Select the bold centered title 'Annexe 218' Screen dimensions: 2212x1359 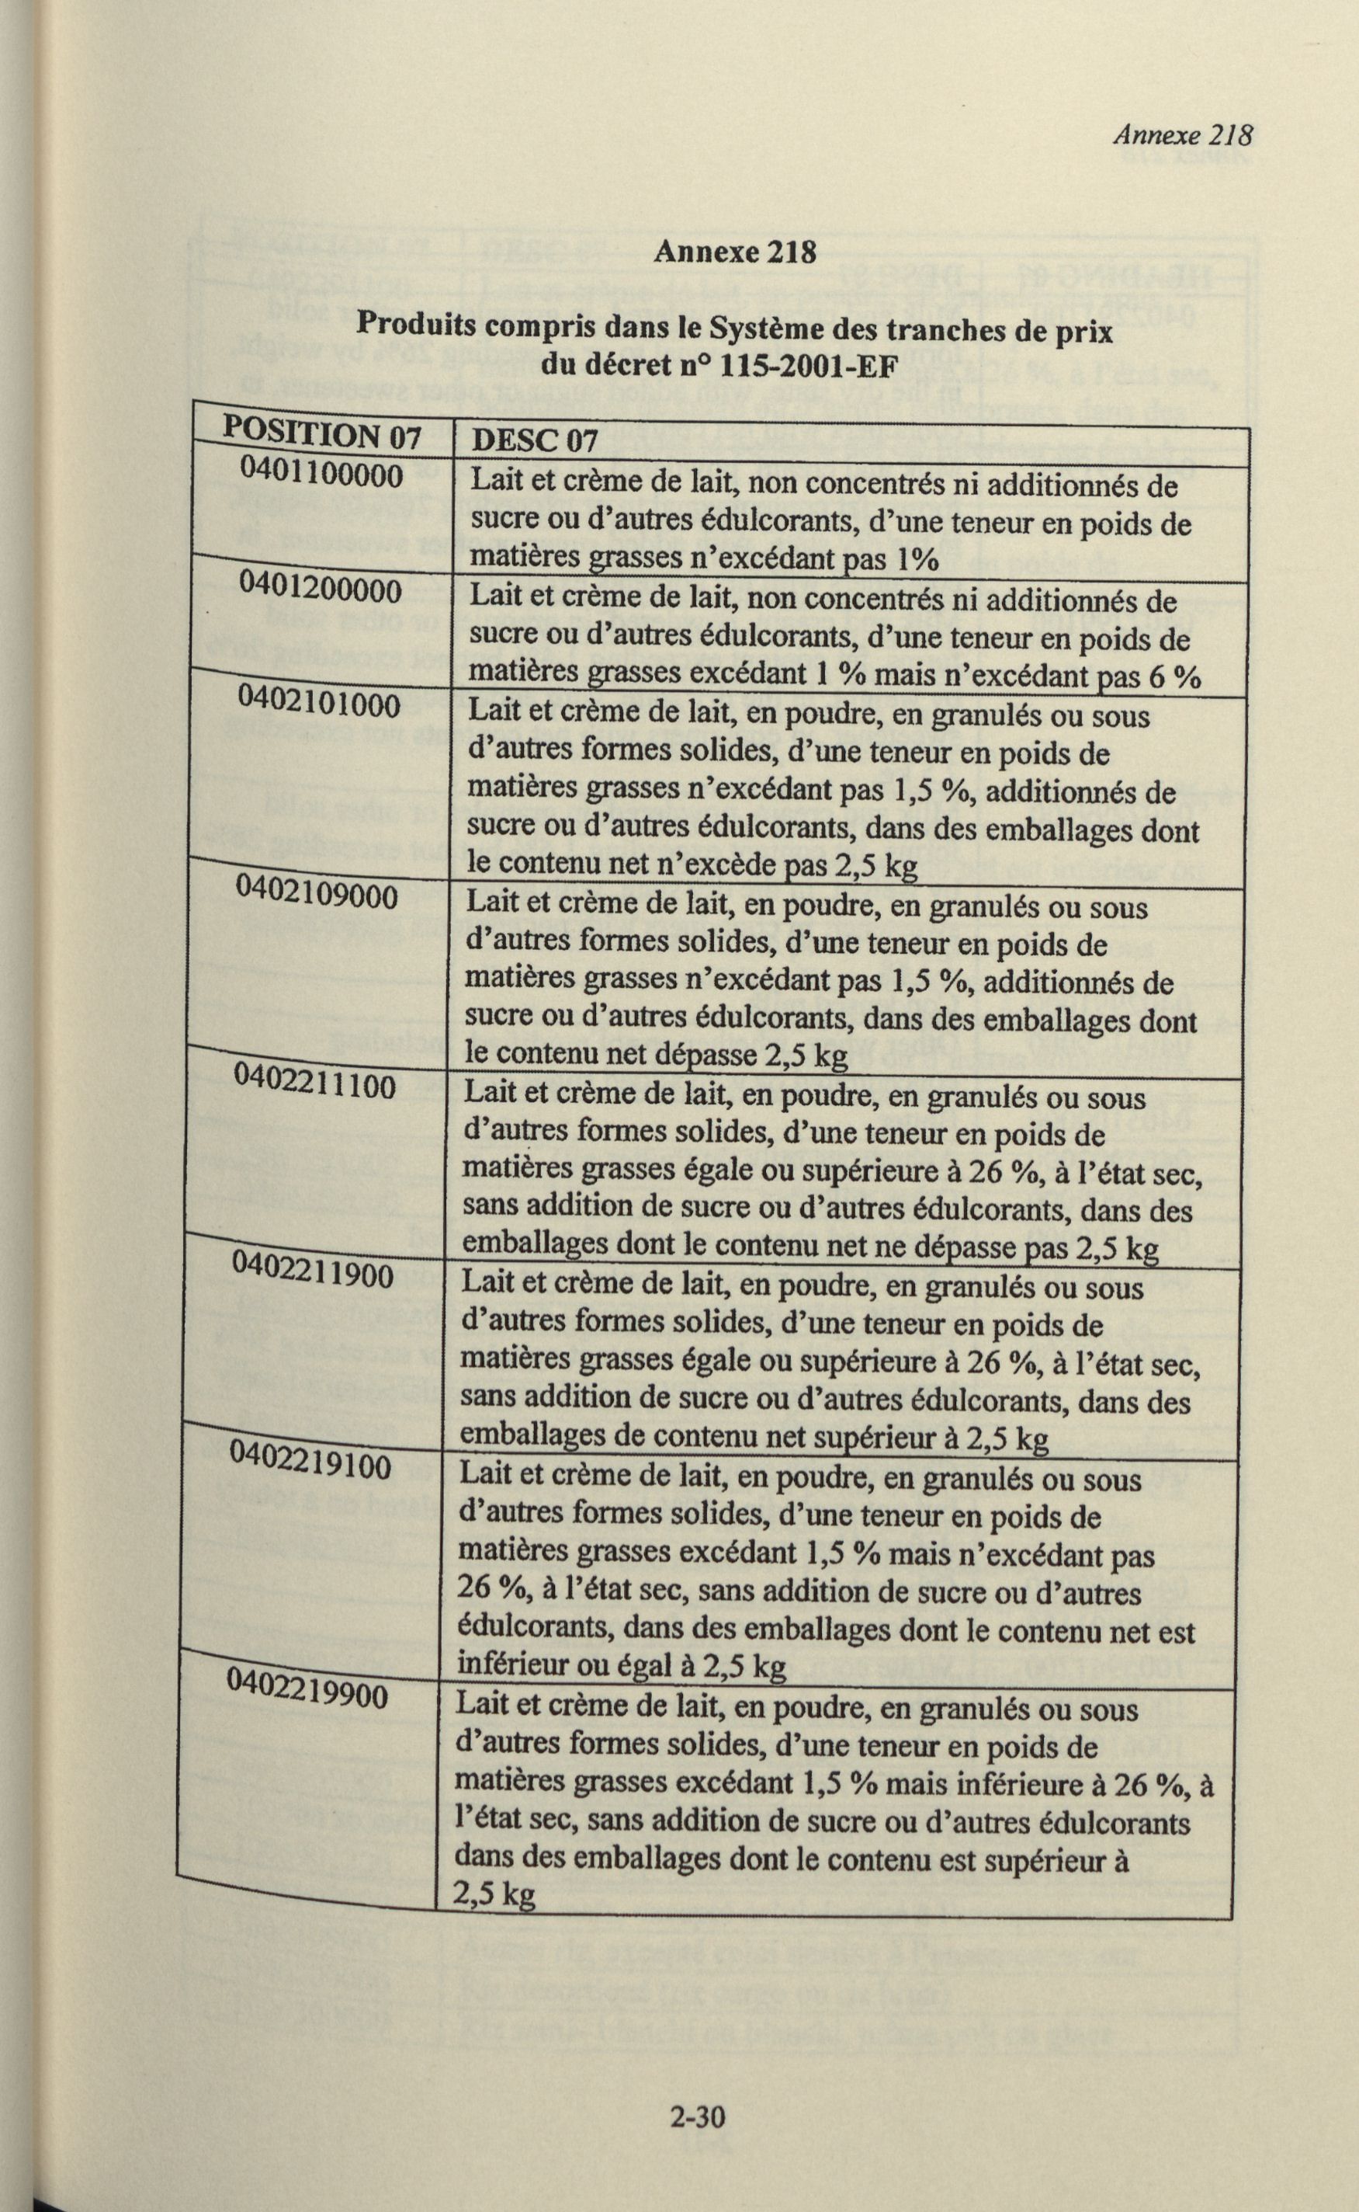pos(734,252)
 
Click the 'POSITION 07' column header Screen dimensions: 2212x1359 pos(321,433)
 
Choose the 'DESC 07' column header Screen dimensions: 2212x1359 pos(534,440)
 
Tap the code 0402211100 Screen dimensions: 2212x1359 pos(314,1083)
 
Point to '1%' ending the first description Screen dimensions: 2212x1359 pos(917,560)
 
